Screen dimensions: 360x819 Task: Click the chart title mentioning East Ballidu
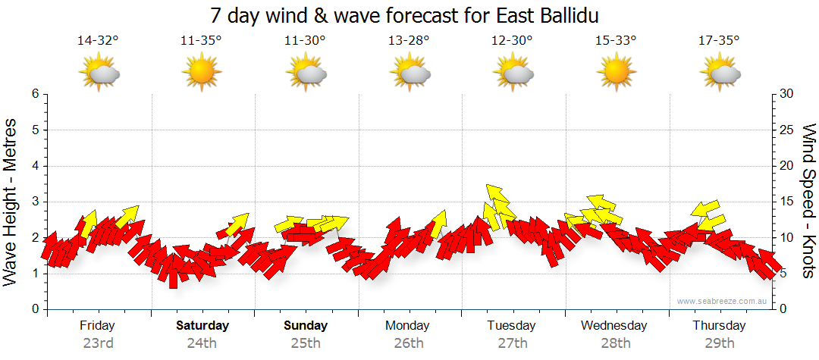(x=409, y=16)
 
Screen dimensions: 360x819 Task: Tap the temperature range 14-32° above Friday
(x=99, y=41)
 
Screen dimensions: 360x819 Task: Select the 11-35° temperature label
(x=202, y=41)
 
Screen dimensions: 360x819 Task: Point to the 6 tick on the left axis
(x=34, y=94)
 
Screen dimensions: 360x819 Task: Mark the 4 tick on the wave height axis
(x=34, y=166)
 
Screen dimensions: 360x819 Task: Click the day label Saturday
(x=202, y=326)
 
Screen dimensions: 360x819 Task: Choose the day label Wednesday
(x=614, y=326)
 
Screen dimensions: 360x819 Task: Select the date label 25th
(x=306, y=343)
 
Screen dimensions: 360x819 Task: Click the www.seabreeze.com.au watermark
(x=723, y=301)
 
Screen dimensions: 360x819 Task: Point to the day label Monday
(x=409, y=326)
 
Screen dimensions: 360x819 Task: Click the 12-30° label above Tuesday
(x=513, y=41)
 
